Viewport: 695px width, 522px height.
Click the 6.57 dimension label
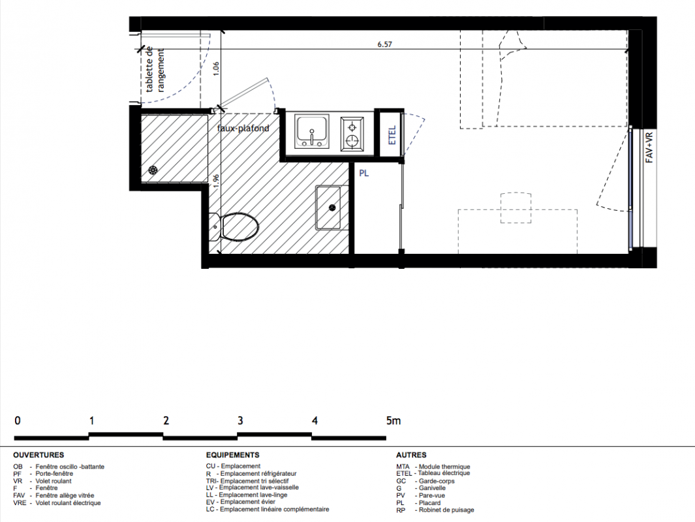(x=385, y=44)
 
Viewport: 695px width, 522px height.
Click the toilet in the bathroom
(x=234, y=226)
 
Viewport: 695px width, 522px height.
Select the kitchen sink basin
(x=313, y=132)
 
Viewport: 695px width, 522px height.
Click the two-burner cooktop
(x=352, y=134)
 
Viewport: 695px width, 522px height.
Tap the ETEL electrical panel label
(x=392, y=135)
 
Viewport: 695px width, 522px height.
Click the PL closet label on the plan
(x=364, y=174)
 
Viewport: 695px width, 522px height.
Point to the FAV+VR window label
(x=649, y=147)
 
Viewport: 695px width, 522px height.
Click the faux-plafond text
(x=243, y=129)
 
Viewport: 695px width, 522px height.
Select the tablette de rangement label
(x=155, y=70)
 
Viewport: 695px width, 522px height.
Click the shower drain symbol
(x=153, y=170)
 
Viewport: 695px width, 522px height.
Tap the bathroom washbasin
(x=328, y=208)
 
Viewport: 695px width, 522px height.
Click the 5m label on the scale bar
(x=393, y=420)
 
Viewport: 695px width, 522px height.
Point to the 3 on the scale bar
(x=240, y=420)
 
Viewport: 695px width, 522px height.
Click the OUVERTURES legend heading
(x=39, y=455)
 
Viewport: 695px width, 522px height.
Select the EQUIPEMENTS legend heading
(x=233, y=455)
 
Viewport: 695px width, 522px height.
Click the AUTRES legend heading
(x=411, y=455)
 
